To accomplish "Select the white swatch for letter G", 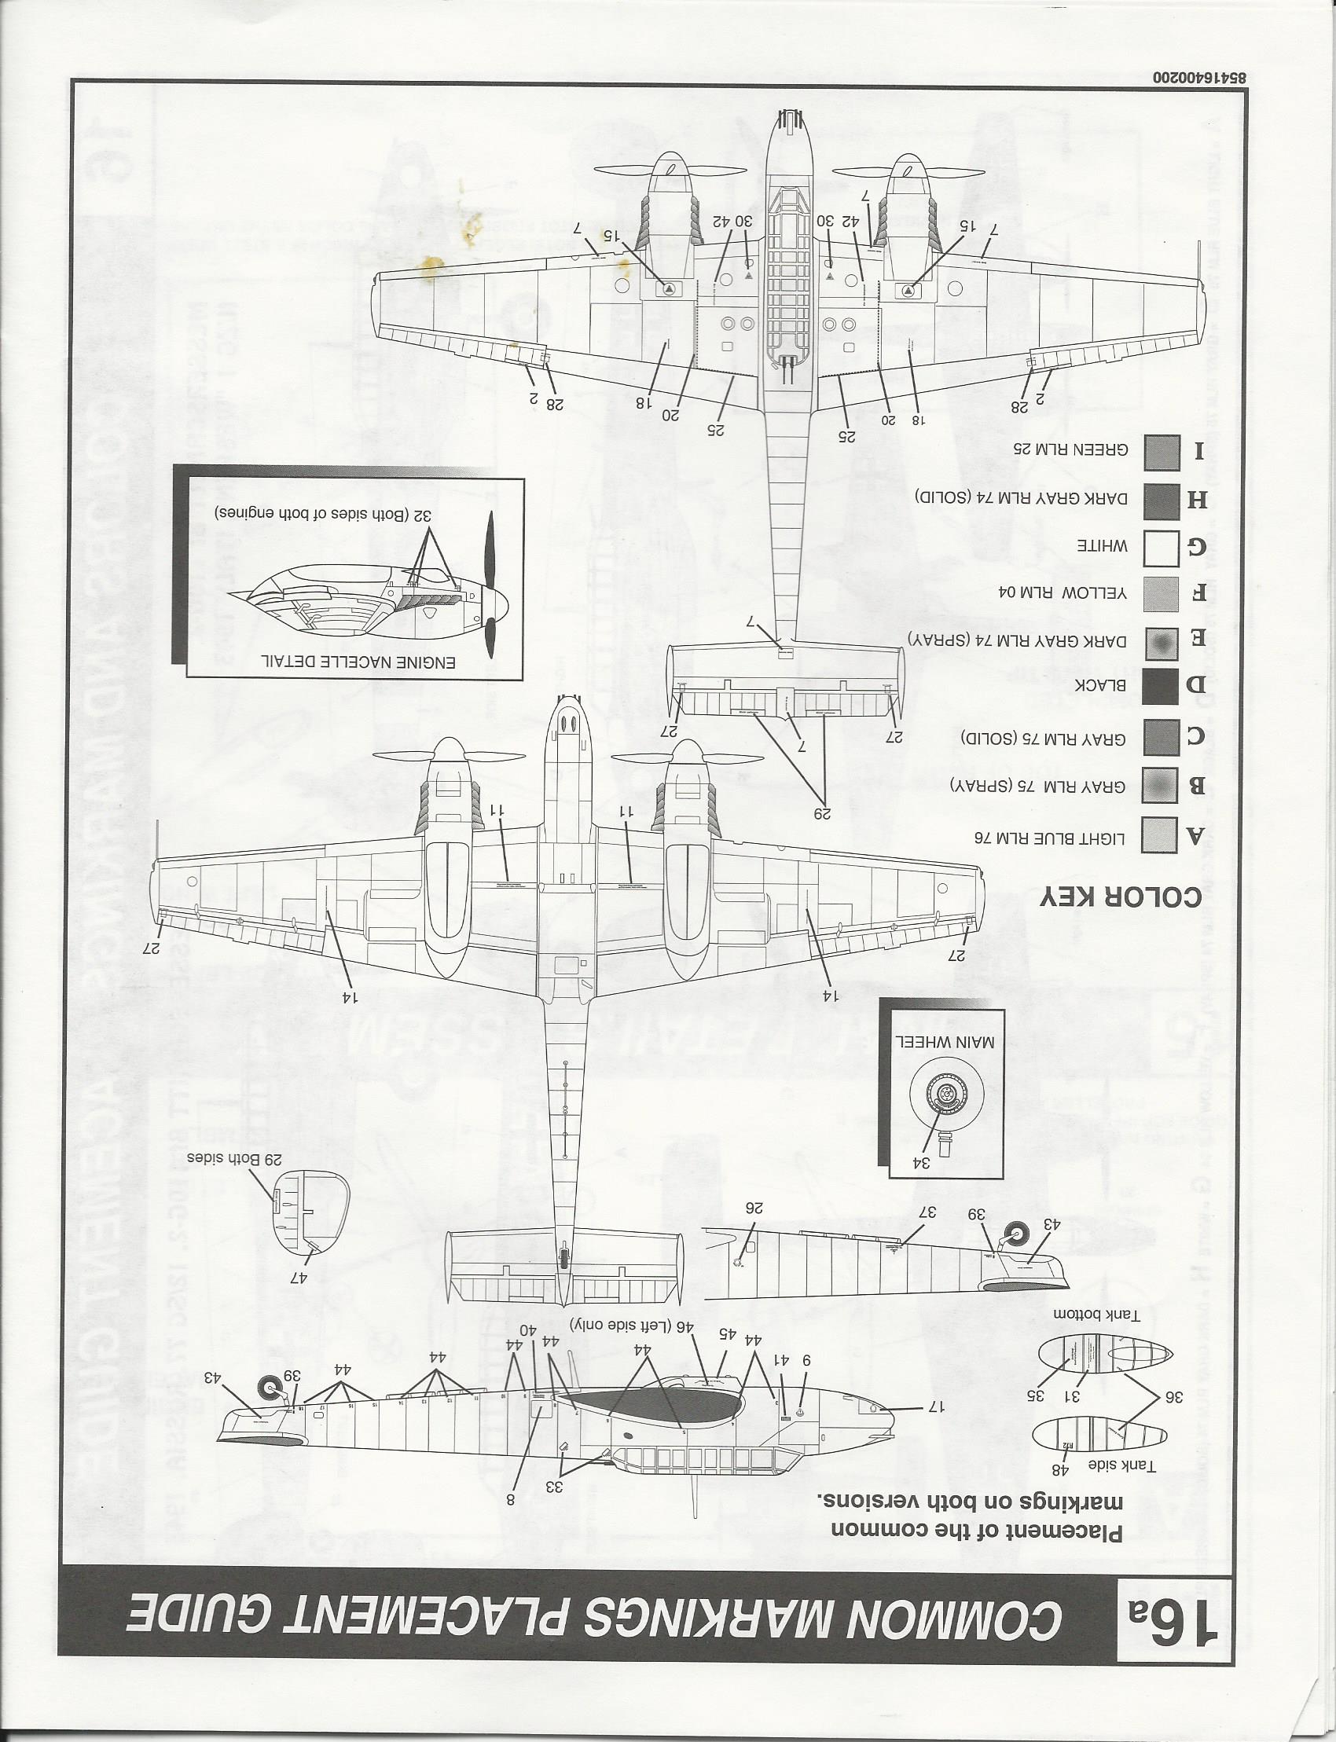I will (1159, 547).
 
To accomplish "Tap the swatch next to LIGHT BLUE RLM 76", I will (1159, 834).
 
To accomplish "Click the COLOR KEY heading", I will (1121, 896).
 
